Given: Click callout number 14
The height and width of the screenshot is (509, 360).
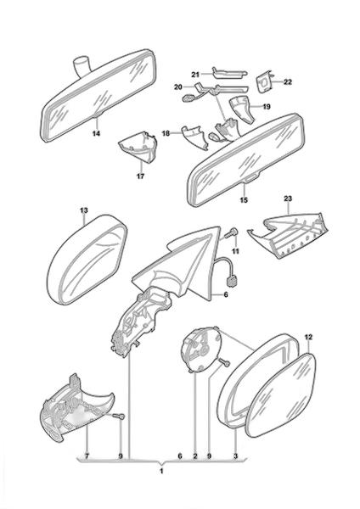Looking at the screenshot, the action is [x=97, y=133].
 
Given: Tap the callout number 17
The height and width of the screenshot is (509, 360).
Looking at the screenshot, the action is [x=140, y=176].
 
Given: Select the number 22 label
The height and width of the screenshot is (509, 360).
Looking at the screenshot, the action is [x=288, y=81].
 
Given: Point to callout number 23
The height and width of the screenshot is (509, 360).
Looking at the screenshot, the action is [x=288, y=199].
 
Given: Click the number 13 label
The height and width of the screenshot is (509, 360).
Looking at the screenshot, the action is [x=84, y=210].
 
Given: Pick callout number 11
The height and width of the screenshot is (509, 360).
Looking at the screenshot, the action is [x=236, y=251].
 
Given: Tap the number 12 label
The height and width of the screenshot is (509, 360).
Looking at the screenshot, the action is [x=308, y=338].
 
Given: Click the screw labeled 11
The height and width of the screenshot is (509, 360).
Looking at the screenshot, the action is [x=232, y=233].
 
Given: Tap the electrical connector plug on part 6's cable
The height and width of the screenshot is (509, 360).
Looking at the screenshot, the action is [x=233, y=281].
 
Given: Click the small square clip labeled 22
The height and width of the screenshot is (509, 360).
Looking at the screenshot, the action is [x=265, y=82].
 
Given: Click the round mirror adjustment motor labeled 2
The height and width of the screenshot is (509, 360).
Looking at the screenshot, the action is [x=201, y=350].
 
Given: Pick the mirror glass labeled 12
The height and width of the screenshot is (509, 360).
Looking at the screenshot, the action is [x=280, y=394].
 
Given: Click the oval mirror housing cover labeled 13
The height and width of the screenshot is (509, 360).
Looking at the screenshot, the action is [x=87, y=259].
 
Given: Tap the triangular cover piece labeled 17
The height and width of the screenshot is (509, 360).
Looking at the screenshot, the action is [x=138, y=147].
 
